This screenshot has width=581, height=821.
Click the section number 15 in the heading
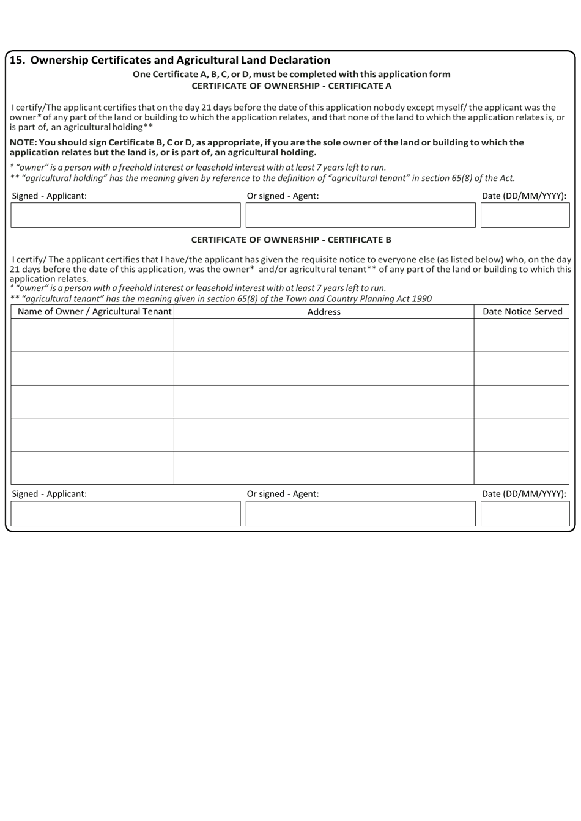pyautogui.click(x=17, y=60)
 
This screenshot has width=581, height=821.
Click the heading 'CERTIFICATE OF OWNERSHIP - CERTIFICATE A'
pyautogui.click(x=291, y=86)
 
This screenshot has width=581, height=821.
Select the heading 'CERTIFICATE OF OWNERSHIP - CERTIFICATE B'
pyautogui.click(x=291, y=240)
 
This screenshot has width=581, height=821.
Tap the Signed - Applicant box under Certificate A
pyautogui.click(x=125, y=215)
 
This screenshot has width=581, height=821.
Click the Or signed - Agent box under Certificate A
pyautogui.click(x=360, y=215)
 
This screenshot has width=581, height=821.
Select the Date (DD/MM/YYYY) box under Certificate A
pyautogui.click(x=525, y=215)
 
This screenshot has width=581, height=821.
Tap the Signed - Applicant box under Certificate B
pyautogui.click(x=125, y=514)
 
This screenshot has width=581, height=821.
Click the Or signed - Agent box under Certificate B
pyautogui.click(x=360, y=514)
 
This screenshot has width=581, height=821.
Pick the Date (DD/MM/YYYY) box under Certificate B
pyautogui.click(x=525, y=514)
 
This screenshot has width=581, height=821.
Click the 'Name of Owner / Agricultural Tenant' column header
pyautogui.click(x=94, y=312)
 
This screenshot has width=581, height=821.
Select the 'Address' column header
pyautogui.click(x=324, y=312)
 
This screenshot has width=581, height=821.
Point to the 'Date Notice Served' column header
pyautogui.click(x=522, y=312)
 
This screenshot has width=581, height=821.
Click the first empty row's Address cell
pyautogui.click(x=324, y=335)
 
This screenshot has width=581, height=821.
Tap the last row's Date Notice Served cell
pyautogui.click(x=522, y=468)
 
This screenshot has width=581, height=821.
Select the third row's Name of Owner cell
pyautogui.click(x=92, y=402)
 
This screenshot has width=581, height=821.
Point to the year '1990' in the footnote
pyautogui.click(x=421, y=299)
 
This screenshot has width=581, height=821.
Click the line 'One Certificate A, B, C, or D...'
pyautogui.click(x=291, y=74)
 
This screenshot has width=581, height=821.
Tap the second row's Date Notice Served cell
pyautogui.click(x=522, y=368)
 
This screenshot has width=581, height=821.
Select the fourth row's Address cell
pyautogui.click(x=324, y=435)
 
